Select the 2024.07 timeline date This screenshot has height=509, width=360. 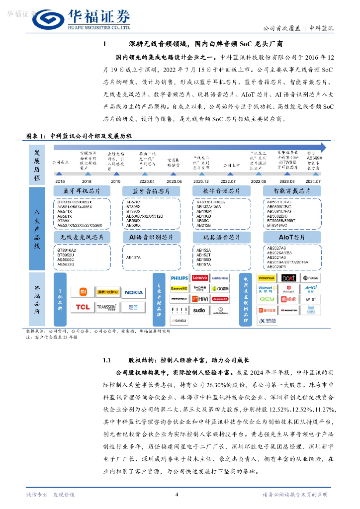click(314, 181)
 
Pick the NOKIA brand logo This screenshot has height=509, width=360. click(134, 292)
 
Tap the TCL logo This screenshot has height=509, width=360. click(83, 307)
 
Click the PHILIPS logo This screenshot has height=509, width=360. click(180, 278)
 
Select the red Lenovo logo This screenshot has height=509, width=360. click(200, 278)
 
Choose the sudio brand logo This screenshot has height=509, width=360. click(199, 310)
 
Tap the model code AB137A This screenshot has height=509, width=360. click(133, 257)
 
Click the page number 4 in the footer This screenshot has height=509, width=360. click(177, 494)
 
